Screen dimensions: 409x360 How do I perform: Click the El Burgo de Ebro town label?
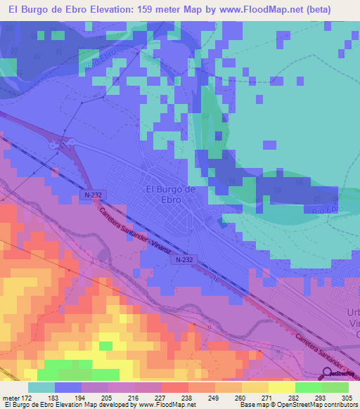[169, 194]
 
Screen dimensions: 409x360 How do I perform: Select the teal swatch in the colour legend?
[41, 387]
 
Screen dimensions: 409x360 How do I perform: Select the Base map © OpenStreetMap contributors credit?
[297, 405]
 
